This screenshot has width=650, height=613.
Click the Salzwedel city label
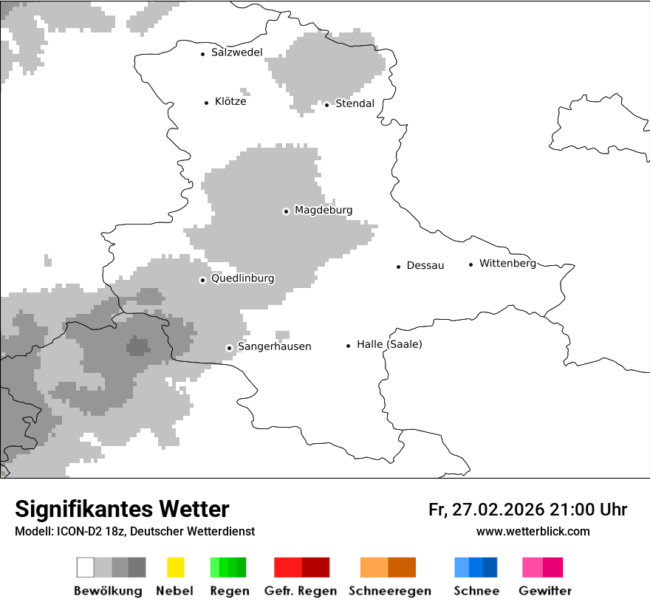pos(236,52)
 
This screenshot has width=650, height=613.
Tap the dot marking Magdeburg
pos(286,211)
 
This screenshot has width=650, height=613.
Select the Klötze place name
pos(230,102)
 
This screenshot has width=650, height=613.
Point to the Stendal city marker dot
pos(326,104)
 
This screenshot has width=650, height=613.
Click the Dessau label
pos(425,266)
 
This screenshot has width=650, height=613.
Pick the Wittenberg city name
pos(507,264)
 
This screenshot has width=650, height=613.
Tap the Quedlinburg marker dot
pos(202,280)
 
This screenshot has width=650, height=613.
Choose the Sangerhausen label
pos(274,346)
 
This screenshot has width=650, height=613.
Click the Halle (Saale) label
pos(389,344)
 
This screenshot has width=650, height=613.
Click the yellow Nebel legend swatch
pos(175,567)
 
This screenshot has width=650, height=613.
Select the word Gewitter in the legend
pos(545,591)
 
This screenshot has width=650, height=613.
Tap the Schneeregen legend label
pos(389,591)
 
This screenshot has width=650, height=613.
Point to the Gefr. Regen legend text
pos(300,591)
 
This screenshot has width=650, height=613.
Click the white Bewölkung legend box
pos(86,567)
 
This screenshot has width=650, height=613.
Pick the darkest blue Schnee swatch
pos(490,567)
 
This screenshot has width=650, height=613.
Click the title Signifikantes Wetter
pos(122,510)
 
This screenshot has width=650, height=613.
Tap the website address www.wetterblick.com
pos(533,531)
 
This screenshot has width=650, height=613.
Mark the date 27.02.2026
pos(499,510)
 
